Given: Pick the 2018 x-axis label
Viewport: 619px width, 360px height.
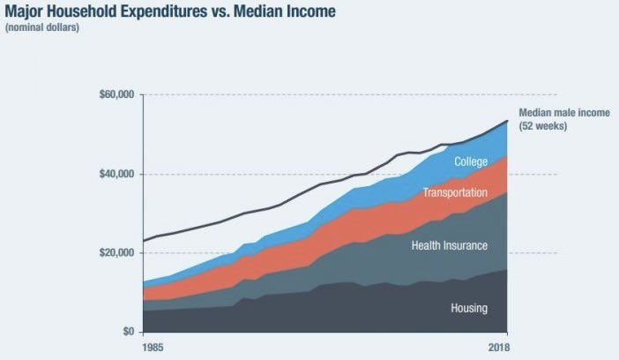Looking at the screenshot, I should (497, 347).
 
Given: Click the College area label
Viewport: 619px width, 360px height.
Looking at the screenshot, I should (471, 161).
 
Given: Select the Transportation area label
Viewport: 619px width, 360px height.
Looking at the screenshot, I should (454, 193).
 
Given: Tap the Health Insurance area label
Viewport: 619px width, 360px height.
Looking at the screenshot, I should (449, 245).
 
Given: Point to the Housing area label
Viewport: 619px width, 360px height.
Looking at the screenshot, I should (468, 308).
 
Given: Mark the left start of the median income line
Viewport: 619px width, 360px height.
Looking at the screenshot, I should (143, 241).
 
